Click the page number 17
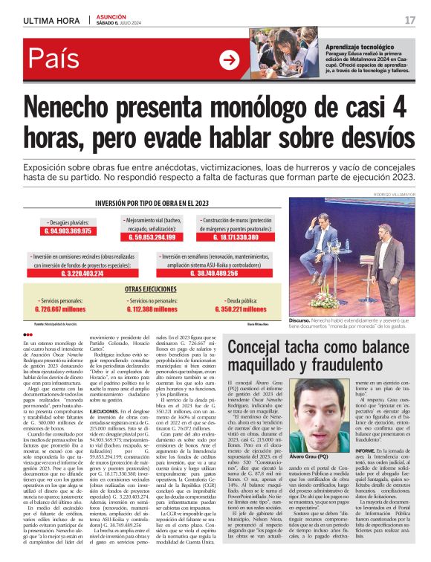[x=409, y=20]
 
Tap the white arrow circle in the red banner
[x=230, y=60]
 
